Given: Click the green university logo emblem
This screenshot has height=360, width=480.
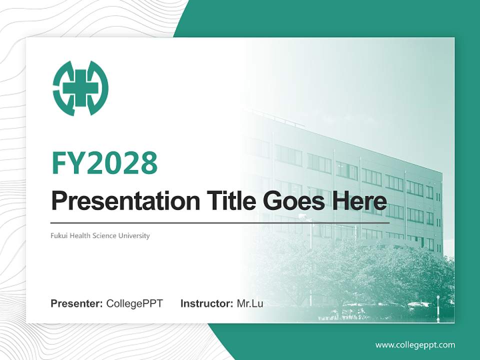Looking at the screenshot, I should [x=80, y=88].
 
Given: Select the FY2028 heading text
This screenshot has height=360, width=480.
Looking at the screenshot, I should [x=104, y=163].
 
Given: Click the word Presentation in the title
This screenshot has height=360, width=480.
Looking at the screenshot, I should [x=118, y=201].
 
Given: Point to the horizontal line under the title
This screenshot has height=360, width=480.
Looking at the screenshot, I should [x=220, y=222].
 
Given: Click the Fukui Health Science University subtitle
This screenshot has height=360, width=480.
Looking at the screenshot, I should [x=100, y=235].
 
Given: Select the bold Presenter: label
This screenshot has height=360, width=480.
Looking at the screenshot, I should [x=77, y=303].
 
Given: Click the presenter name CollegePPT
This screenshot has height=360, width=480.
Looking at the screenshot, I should [x=134, y=303].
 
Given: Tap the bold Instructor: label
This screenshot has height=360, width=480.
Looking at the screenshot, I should [x=206, y=303].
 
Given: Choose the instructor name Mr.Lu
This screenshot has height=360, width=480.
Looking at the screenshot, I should [x=250, y=303].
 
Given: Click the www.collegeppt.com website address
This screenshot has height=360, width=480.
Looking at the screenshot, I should [x=415, y=345].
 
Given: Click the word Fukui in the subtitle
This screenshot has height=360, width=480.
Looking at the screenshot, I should [x=59, y=235].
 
